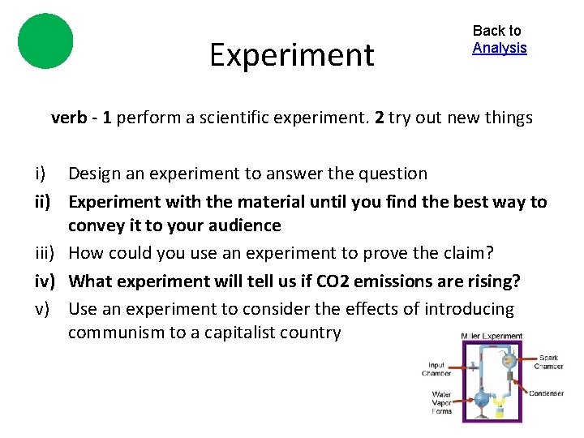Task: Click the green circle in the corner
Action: (x=45, y=41)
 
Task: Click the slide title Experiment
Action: (x=292, y=55)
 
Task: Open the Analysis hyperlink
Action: (x=500, y=48)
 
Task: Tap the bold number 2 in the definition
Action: (x=379, y=118)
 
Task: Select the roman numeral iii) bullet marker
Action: (x=45, y=253)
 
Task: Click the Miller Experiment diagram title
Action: (x=491, y=336)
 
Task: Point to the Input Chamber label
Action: (x=436, y=369)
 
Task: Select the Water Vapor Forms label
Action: (x=442, y=402)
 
